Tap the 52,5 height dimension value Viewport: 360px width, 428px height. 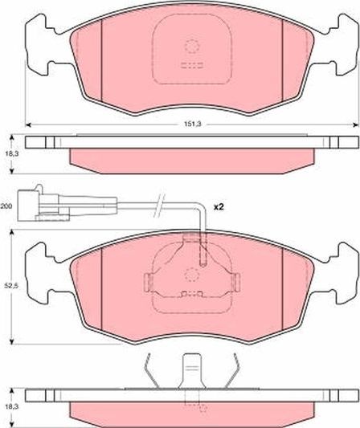click(8, 285)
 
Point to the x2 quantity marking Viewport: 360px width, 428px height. click(218, 207)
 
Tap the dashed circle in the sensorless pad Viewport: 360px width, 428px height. click(191, 46)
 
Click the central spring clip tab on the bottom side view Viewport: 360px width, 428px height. click(191, 373)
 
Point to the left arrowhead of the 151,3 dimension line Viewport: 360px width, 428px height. click(30, 124)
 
